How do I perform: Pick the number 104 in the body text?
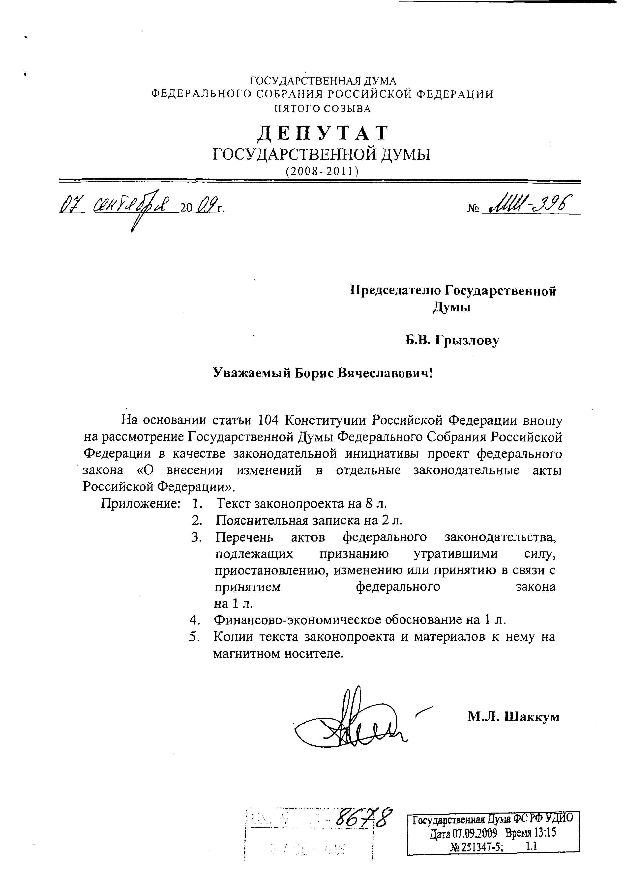[268, 420]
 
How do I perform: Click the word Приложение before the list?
[141, 503]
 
